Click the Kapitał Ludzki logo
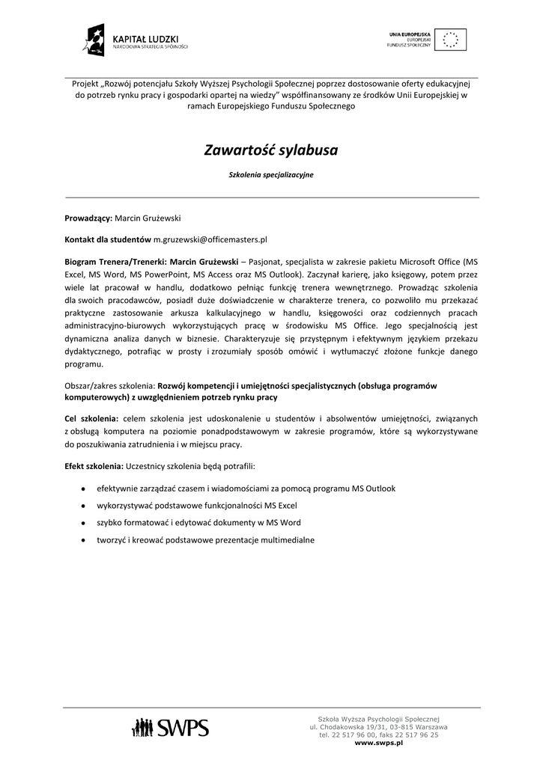(x=136, y=41)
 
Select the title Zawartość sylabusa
(x=271, y=150)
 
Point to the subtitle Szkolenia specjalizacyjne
(x=271, y=174)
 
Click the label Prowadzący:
(x=88, y=218)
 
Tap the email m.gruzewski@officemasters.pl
(x=210, y=240)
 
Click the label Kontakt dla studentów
(x=108, y=240)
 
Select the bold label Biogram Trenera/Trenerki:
(x=116, y=262)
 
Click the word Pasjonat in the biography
(x=265, y=262)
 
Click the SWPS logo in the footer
(x=170, y=726)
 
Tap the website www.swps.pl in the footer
(x=379, y=743)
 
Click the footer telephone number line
(x=379, y=735)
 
